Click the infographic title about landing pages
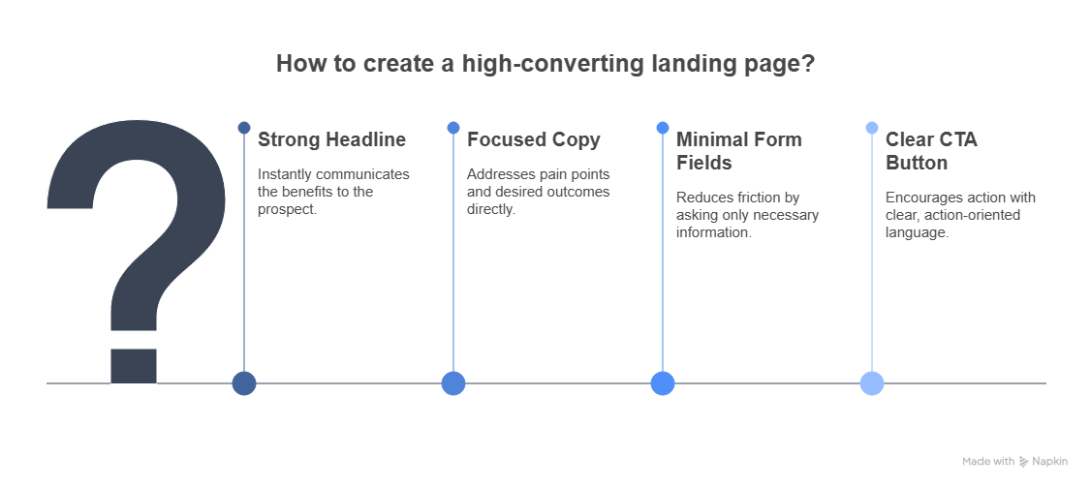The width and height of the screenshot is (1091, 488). point(545,64)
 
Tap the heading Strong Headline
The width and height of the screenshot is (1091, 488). point(331,139)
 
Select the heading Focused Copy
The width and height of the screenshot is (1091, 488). point(533,139)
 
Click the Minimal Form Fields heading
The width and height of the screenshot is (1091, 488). point(738,151)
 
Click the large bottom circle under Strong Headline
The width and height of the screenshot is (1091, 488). point(244,383)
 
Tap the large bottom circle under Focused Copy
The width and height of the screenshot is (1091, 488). point(453,383)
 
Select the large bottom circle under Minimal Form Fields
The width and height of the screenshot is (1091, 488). point(663,383)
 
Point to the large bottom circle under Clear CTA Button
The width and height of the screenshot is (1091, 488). point(872,383)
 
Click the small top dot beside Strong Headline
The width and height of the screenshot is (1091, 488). point(244,128)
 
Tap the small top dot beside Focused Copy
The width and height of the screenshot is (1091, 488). point(453,128)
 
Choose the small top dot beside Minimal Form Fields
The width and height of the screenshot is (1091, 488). point(663,128)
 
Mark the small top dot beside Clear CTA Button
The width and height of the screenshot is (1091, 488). point(872,128)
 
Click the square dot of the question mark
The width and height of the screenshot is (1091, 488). point(134,365)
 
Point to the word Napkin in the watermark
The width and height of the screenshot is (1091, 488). point(1050,462)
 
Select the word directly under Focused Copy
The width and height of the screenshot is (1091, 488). point(490,209)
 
